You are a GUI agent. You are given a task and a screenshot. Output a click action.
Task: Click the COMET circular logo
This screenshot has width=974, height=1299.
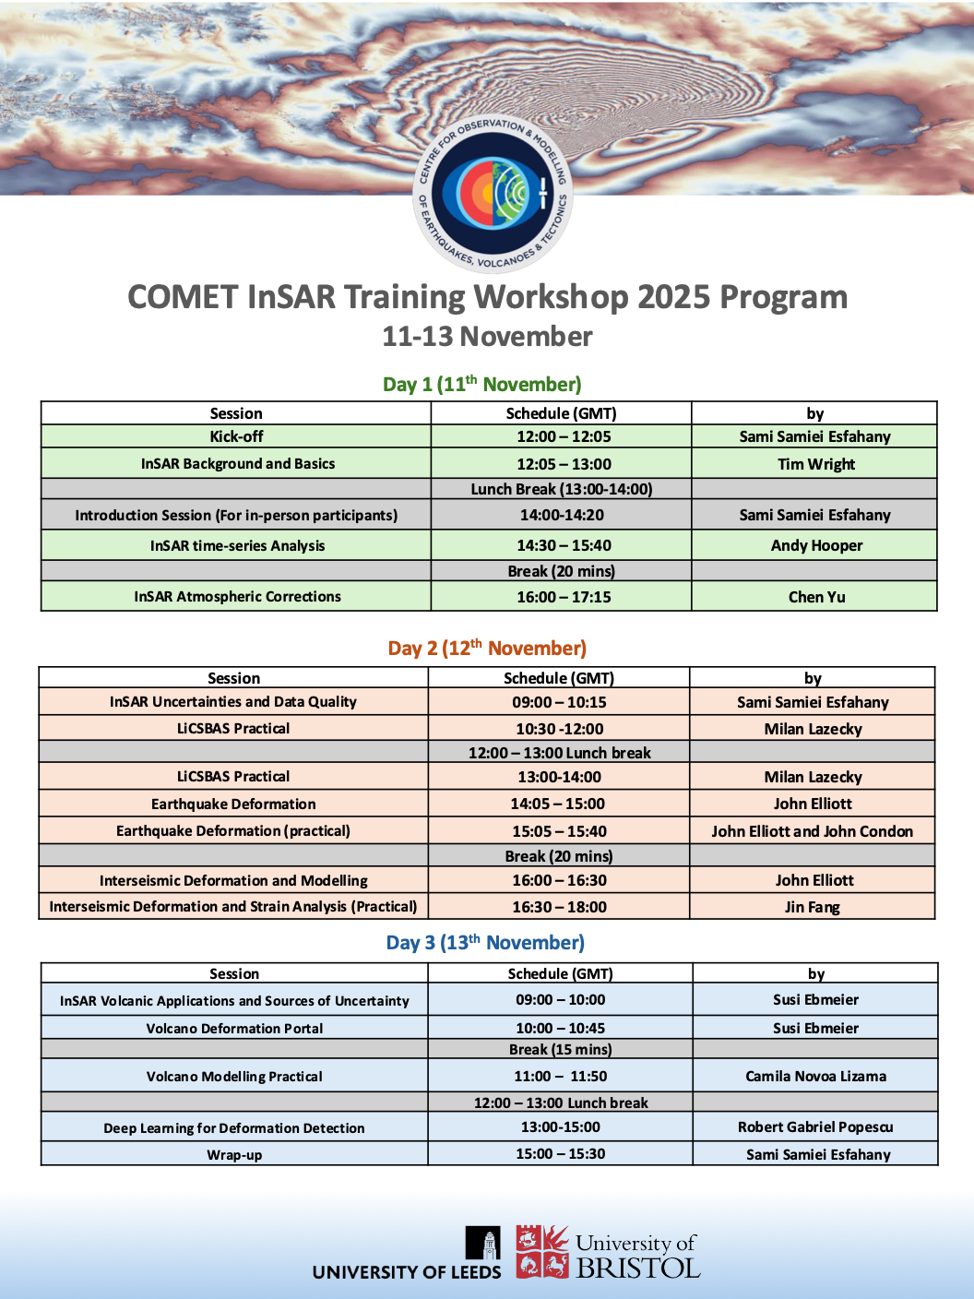pyautogui.click(x=493, y=194)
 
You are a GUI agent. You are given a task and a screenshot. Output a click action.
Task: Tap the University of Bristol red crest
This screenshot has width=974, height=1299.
pyautogui.click(x=541, y=1251)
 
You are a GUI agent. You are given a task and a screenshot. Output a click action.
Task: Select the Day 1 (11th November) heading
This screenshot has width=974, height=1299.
pyautogui.click(x=482, y=385)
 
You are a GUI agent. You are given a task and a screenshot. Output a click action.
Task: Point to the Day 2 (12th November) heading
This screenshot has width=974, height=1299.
pyautogui.click(x=487, y=649)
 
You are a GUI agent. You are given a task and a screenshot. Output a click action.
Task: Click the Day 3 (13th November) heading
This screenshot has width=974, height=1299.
pyautogui.click(x=485, y=943)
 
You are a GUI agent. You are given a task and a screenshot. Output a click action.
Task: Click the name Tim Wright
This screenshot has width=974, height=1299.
pyautogui.click(x=815, y=464)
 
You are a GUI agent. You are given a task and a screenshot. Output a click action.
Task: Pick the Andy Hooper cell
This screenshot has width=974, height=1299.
pyautogui.click(x=816, y=545)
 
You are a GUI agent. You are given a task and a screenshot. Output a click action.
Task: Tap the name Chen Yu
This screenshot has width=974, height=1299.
pyautogui.click(x=816, y=597)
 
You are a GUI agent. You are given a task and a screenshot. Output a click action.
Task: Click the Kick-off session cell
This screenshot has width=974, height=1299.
pyautogui.click(x=236, y=436)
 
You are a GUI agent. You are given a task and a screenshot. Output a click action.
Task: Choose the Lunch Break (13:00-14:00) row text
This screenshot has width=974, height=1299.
pyautogui.click(x=561, y=489)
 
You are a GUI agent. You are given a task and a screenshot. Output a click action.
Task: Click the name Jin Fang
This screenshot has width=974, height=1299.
pyautogui.click(x=812, y=907)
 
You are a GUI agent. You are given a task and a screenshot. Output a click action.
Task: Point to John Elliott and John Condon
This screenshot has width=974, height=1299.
pyautogui.click(x=812, y=831)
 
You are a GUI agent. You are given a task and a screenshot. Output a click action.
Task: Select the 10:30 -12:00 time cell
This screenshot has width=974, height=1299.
pyautogui.click(x=559, y=729)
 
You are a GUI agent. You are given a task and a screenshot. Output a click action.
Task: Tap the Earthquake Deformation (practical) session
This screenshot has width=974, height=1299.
pyautogui.click(x=233, y=831)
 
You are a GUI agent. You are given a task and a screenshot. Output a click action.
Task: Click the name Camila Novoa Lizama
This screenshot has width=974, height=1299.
pyautogui.click(x=815, y=1076)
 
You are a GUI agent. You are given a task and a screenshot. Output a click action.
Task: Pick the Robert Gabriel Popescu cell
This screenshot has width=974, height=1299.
pyautogui.click(x=815, y=1127)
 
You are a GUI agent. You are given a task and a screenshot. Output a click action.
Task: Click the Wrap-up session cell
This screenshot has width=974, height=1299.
pyautogui.click(x=234, y=1155)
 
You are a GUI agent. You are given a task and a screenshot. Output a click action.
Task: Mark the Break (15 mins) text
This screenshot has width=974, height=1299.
pyautogui.click(x=560, y=1050)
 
